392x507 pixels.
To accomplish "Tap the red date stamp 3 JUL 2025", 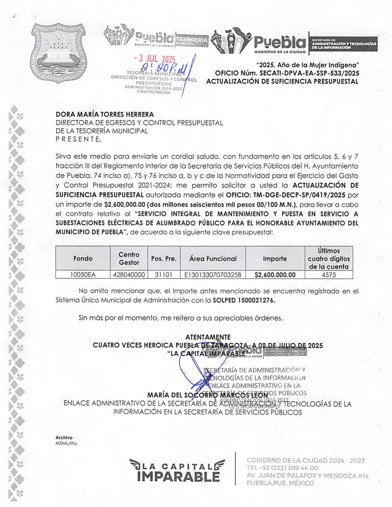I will (154, 59).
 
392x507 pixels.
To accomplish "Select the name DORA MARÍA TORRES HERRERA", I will (105, 115).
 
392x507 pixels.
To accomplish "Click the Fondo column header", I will (83, 259).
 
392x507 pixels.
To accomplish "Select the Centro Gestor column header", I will (129, 258).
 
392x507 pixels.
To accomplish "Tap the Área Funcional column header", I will (213, 259).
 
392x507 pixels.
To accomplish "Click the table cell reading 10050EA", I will (83, 275).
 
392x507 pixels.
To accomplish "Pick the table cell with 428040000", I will (129, 275).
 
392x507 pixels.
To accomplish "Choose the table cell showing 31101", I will (163, 275).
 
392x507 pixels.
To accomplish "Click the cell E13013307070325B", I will (213, 275).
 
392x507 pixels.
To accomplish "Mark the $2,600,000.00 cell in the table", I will (275, 275).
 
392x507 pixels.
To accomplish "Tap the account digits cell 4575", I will (329, 275).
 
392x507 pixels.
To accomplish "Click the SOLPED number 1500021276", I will (256, 300).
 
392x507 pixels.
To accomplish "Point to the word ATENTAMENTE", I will (208, 337).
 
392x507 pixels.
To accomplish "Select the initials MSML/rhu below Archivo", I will (66, 443).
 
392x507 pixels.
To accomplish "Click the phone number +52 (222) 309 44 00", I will (282, 468).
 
